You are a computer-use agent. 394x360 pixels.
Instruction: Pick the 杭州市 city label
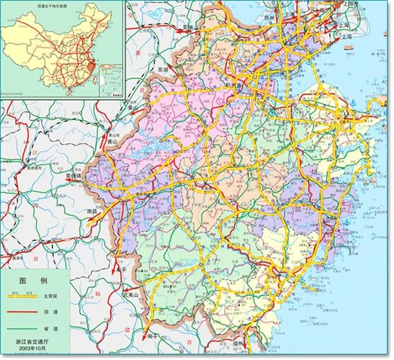pos(240,85)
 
